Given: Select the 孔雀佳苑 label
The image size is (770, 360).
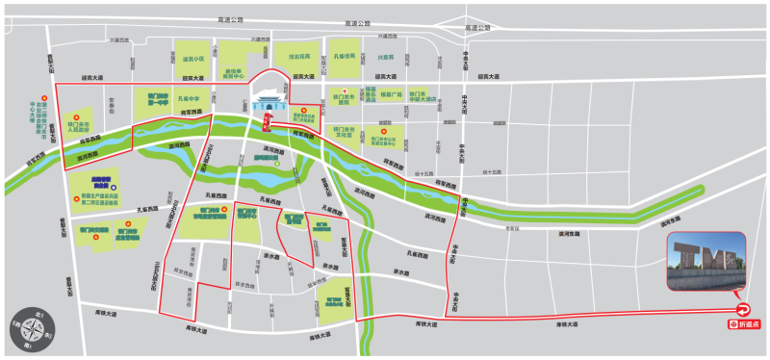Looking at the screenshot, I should (x=345, y=57).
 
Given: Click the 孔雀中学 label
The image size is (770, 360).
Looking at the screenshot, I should (x=189, y=98).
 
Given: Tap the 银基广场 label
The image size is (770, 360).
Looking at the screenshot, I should (x=390, y=94).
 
